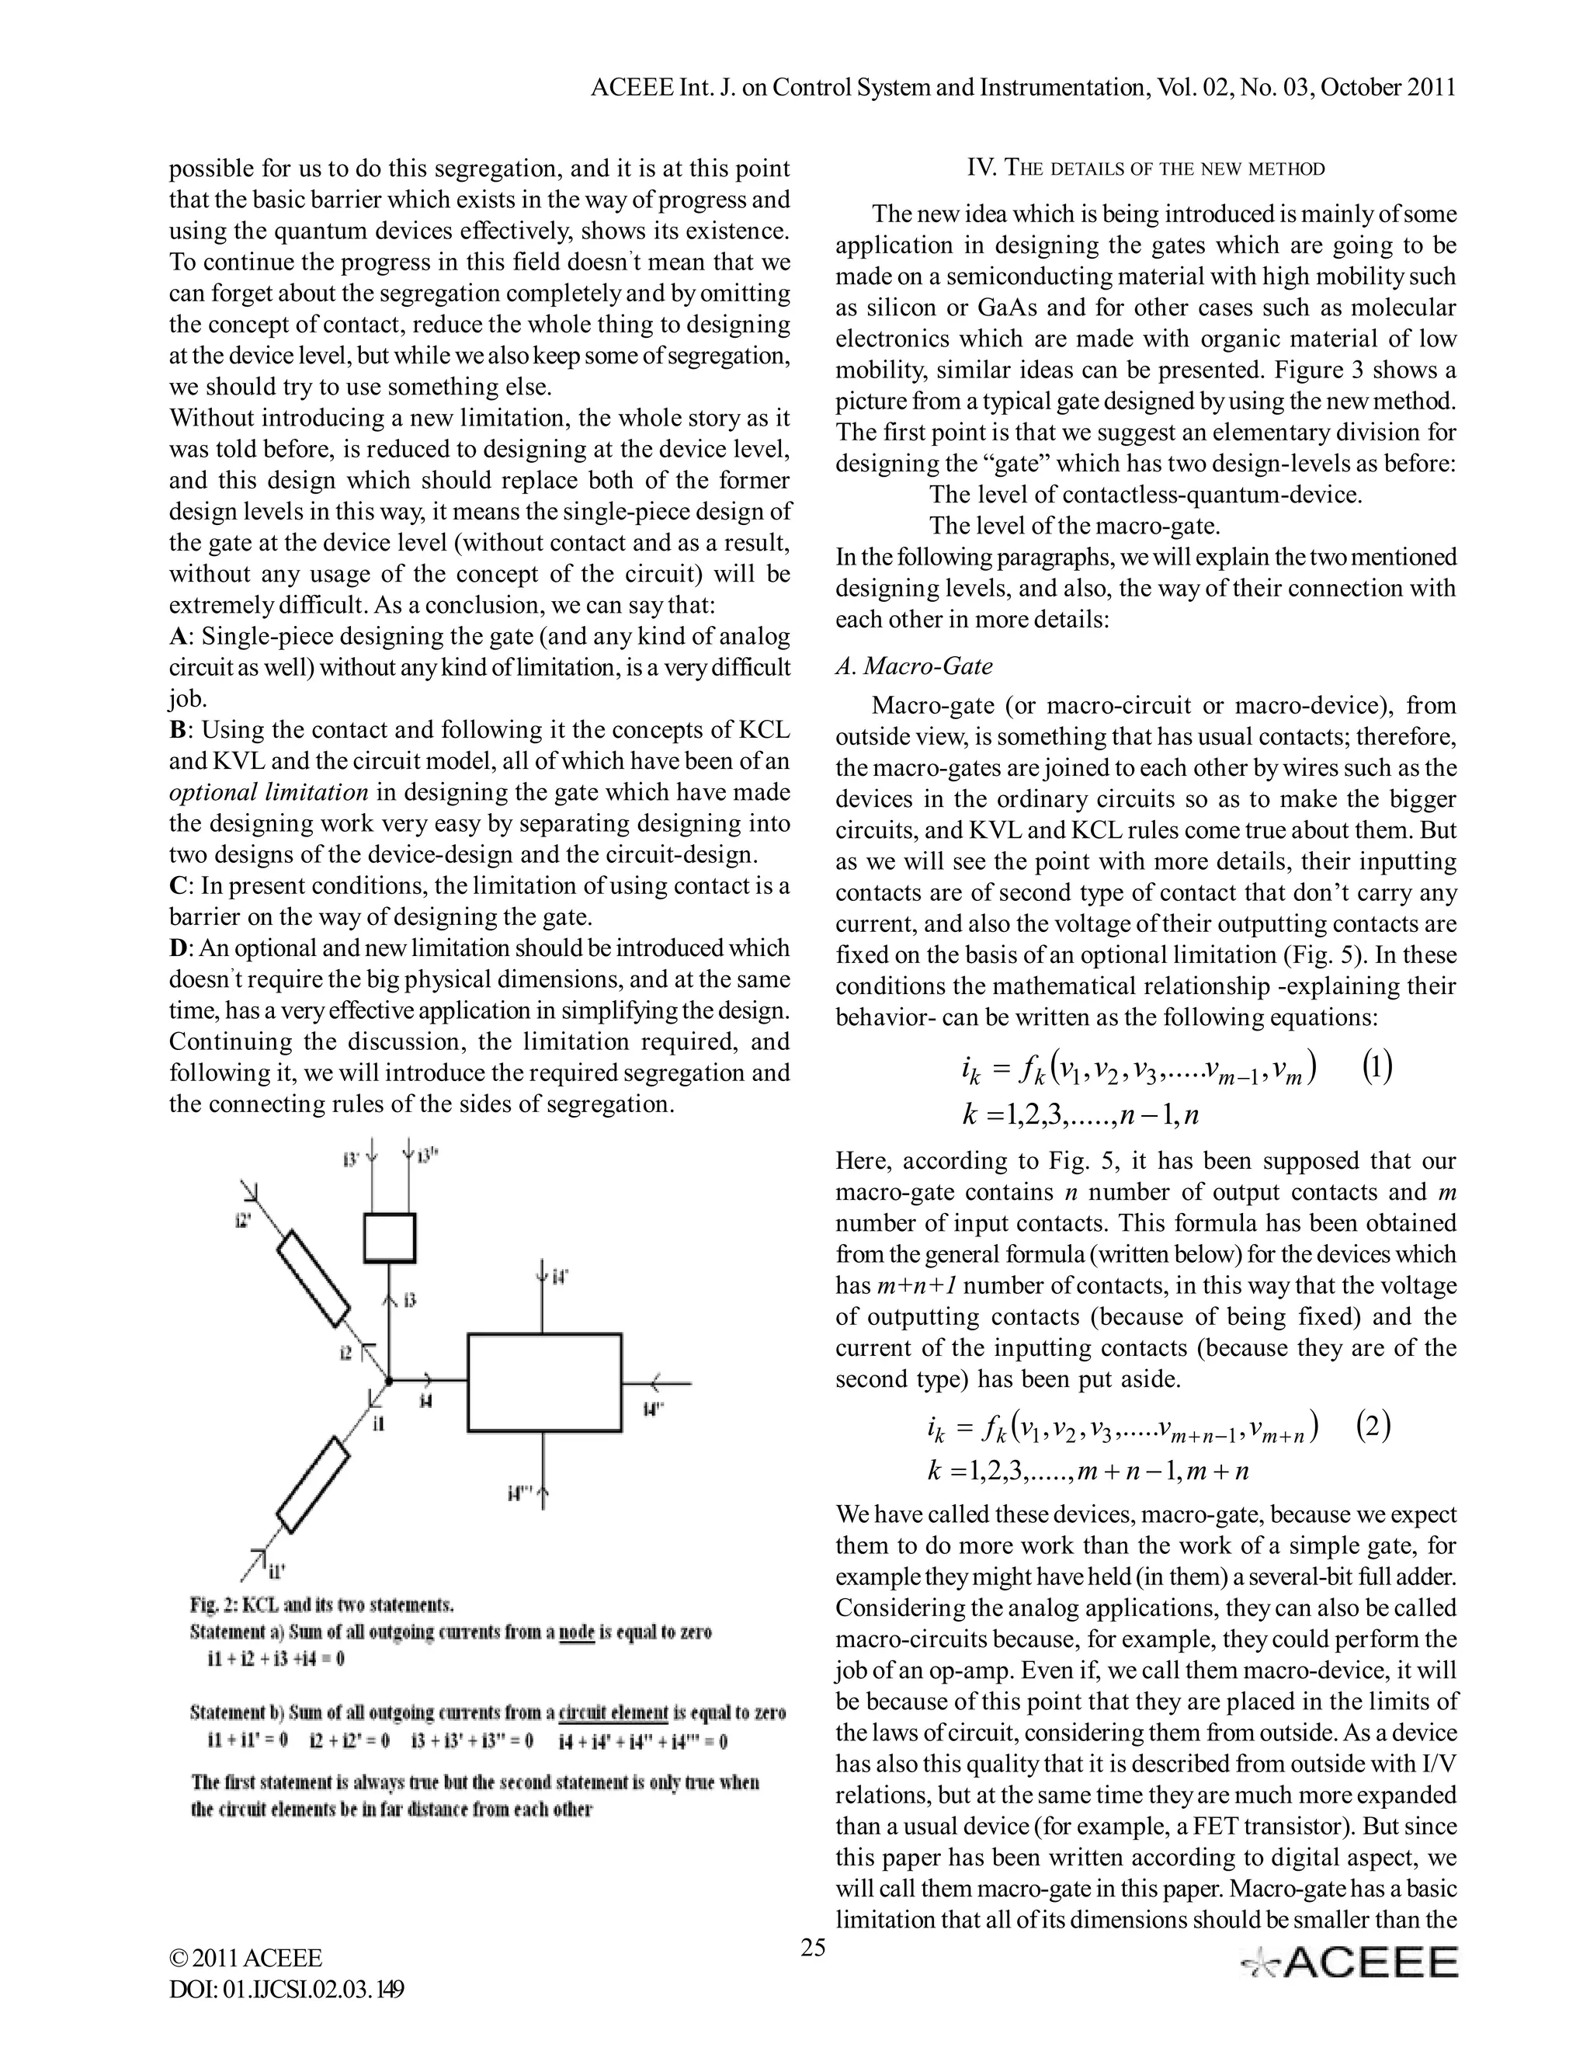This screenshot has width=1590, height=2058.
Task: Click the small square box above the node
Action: click(x=389, y=1237)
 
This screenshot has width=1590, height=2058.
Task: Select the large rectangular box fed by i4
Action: click(x=544, y=1382)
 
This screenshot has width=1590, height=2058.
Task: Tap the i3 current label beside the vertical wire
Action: click(x=410, y=1302)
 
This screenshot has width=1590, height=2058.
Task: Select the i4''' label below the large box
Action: click(x=519, y=1493)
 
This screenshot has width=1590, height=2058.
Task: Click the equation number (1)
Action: click(x=1377, y=1068)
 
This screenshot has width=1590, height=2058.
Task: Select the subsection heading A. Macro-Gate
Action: click(x=914, y=666)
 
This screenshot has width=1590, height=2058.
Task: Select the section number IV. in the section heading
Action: click(x=982, y=169)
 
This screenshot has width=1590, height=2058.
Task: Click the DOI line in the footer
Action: click(x=287, y=1989)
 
